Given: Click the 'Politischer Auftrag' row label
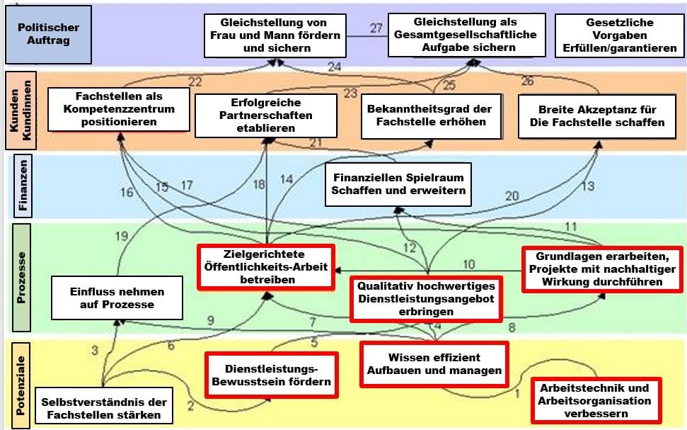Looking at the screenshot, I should [x=48, y=35].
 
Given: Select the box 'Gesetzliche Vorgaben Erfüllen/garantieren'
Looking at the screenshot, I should [x=620, y=35].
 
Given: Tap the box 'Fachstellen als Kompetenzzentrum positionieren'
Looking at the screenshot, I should [x=119, y=109].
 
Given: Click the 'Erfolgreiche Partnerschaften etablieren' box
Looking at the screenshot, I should [x=262, y=115].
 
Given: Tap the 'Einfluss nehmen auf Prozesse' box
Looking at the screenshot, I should [x=117, y=298].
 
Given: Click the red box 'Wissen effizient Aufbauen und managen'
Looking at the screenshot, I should [x=434, y=364].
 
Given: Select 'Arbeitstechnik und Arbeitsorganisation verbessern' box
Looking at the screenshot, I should [x=595, y=400].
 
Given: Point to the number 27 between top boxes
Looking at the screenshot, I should [x=376, y=29].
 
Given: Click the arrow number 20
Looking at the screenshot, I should [x=511, y=196].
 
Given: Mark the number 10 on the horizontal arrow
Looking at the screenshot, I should [x=468, y=264].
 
